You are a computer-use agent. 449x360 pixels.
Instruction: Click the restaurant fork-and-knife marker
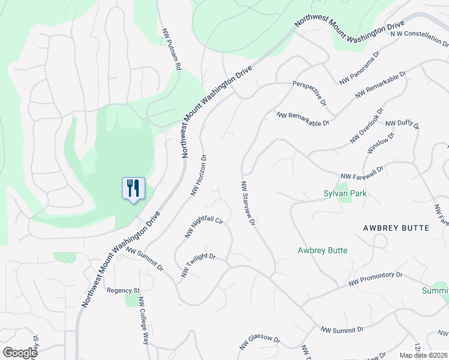click(133, 188)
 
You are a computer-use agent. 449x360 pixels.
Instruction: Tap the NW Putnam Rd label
click(171, 50)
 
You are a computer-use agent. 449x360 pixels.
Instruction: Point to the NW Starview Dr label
click(249, 203)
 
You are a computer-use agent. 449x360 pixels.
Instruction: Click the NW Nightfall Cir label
click(204, 227)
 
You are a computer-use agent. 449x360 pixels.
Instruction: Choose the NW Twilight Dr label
click(197, 265)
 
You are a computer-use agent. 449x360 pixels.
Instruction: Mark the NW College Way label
click(143, 320)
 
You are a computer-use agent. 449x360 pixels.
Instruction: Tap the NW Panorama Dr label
click(360, 70)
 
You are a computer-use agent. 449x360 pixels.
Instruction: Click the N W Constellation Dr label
click(419, 38)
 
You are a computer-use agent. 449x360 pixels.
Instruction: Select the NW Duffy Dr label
click(402, 124)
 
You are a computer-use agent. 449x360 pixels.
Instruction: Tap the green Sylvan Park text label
click(345, 193)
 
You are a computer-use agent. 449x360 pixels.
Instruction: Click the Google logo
click(20, 353)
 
